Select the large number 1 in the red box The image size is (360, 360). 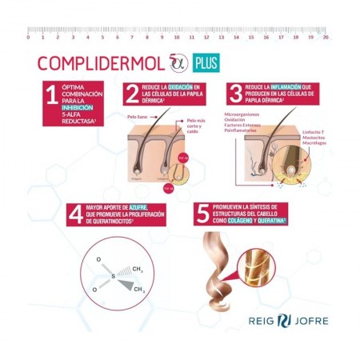pos(51,96)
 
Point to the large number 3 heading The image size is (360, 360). pos(235,95)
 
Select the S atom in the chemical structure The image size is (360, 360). pos(113,277)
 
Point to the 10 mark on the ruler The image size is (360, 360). pos(176,36)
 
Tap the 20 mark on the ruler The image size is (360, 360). pos(325,36)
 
